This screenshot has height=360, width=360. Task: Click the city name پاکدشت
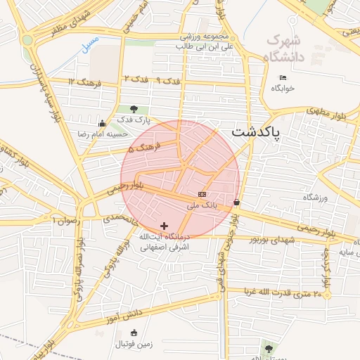click(256, 132)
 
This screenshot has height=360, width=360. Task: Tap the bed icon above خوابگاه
click(283, 77)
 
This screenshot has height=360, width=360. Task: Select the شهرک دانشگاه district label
click(283, 47)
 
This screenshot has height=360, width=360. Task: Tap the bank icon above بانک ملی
click(202, 194)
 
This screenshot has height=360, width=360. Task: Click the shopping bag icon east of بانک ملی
click(236, 202)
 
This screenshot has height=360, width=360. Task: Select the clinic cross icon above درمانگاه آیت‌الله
click(164, 226)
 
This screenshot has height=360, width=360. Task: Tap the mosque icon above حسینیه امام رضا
click(103, 123)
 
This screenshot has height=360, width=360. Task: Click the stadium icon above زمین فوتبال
click(134, 333)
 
